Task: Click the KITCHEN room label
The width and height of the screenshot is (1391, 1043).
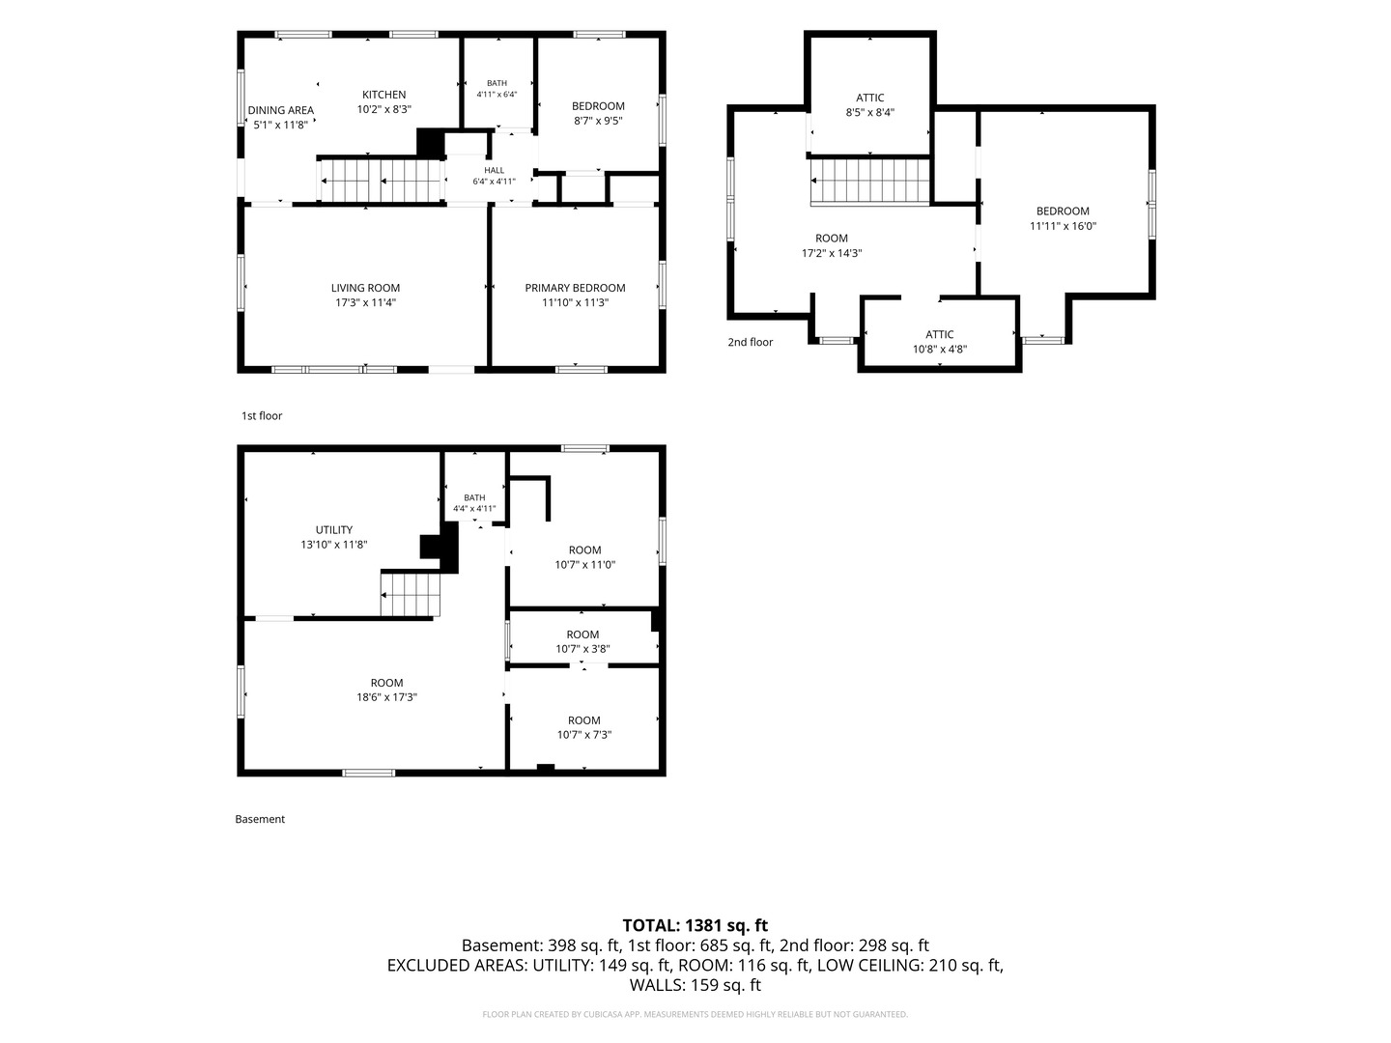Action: point(383,95)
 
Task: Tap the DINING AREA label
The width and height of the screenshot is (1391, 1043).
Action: point(280,110)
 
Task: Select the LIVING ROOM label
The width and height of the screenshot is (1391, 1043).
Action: point(366,288)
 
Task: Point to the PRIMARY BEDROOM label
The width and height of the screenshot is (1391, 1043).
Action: point(575,288)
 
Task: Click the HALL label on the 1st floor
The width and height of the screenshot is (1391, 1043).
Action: point(495,170)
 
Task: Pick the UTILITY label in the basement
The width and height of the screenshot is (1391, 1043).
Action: point(334,529)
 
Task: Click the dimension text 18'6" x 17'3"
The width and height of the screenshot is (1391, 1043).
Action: point(386,697)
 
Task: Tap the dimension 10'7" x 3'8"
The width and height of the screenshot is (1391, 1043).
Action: point(582,648)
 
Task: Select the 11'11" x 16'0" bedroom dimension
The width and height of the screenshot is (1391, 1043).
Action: point(1063,225)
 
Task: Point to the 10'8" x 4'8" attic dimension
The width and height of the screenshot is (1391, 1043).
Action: point(939,349)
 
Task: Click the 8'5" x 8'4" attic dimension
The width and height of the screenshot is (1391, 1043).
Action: point(869,112)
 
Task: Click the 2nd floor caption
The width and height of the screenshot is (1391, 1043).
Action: point(751,342)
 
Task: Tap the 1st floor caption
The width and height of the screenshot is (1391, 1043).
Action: point(262,415)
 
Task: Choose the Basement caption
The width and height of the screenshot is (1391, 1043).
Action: point(260,819)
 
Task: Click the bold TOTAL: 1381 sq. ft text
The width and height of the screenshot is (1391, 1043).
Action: point(695,925)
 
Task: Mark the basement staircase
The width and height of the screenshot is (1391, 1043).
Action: point(410,594)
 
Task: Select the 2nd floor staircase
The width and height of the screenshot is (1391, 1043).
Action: point(870,182)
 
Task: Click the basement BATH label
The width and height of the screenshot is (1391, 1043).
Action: point(474,497)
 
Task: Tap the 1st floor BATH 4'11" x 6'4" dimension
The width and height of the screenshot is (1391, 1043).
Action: point(497,95)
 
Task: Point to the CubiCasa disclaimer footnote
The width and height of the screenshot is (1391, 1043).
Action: point(695,1014)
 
